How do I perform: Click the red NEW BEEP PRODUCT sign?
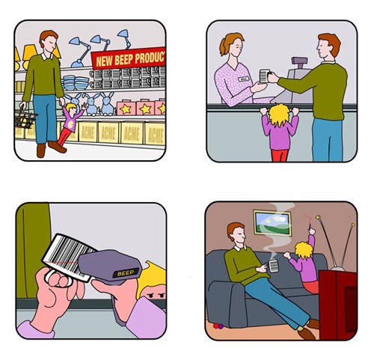click(x=128, y=59)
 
